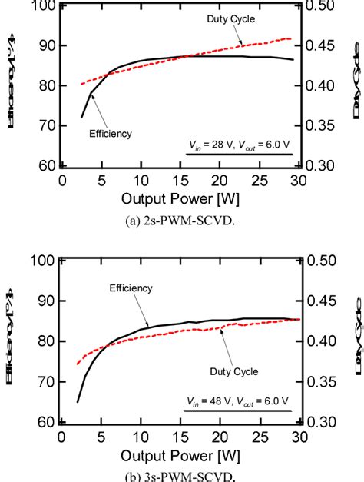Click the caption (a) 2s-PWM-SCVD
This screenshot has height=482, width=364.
tap(182, 224)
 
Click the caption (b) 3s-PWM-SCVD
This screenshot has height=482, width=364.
tap(182, 475)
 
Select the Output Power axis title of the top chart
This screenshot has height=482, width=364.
tap(181, 200)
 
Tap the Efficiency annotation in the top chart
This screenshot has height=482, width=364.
tap(111, 133)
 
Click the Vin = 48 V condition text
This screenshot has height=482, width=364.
tap(239, 401)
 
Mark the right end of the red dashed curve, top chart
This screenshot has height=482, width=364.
tap(292, 38)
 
